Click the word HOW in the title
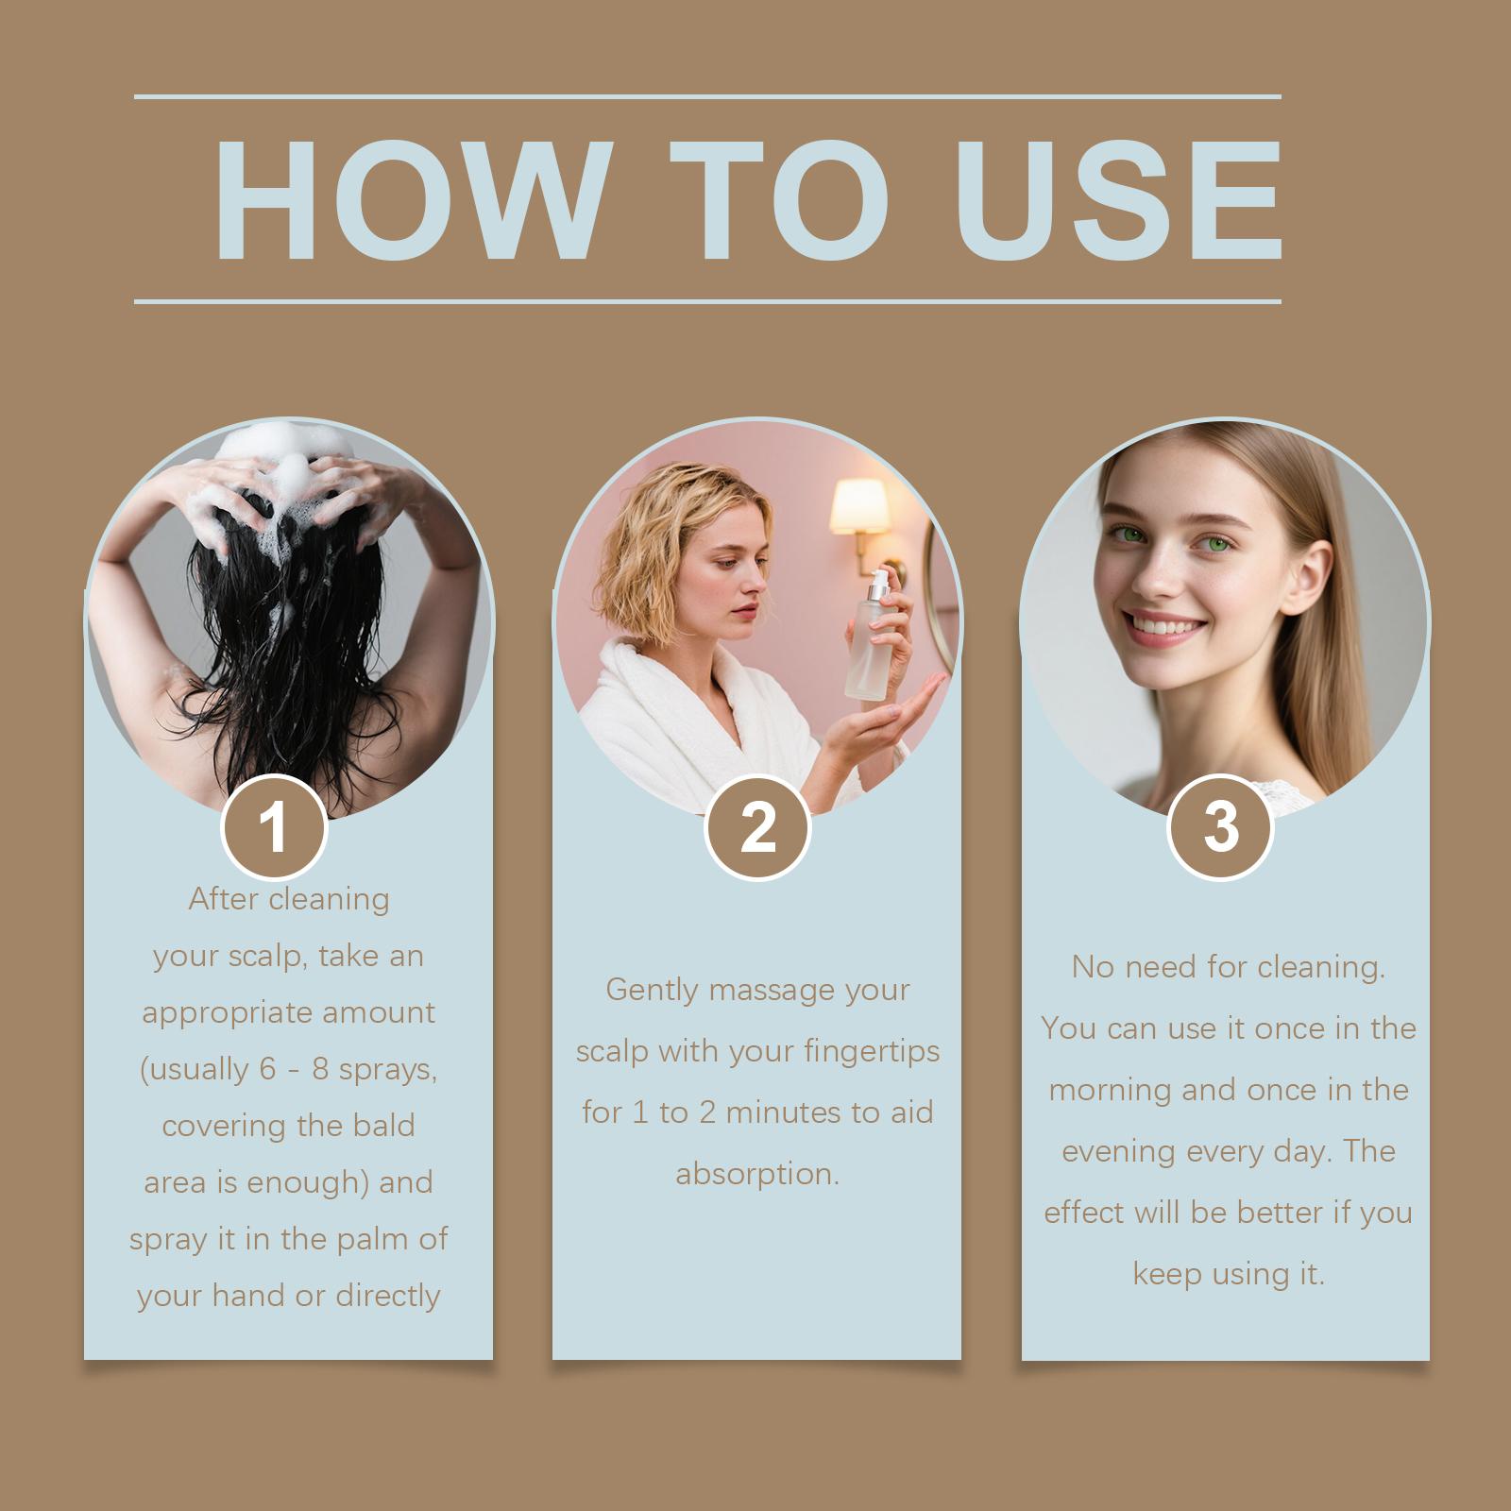(x=409, y=200)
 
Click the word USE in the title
(x=1118, y=200)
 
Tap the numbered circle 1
(x=274, y=827)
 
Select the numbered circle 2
(x=757, y=827)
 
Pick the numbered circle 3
(x=1221, y=827)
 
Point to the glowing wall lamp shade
(x=858, y=506)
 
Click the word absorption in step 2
(x=757, y=1174)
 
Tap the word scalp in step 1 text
(x=267, y=957)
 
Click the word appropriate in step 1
(x=214, y=1013)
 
